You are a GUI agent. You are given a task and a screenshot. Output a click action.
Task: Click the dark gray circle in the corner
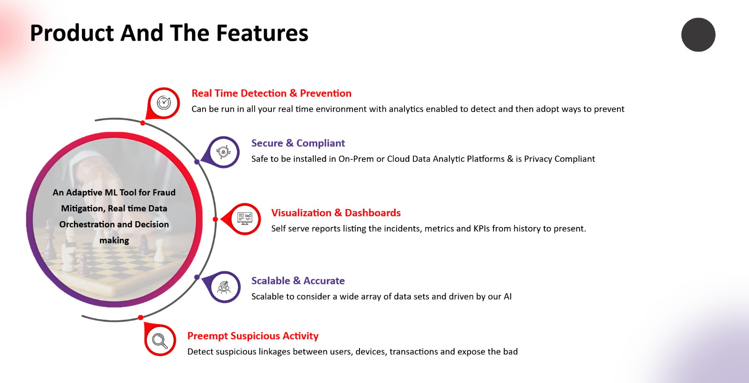[698, 35]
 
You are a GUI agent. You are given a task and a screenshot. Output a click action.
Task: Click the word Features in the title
[262, 33]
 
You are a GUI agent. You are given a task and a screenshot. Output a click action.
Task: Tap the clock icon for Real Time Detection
[164, 102]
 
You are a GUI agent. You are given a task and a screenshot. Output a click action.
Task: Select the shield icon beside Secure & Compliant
[223, 152]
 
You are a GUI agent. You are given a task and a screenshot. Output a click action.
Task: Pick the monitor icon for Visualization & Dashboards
[245, 219]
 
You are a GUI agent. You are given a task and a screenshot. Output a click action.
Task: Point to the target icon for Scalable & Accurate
[224, 287]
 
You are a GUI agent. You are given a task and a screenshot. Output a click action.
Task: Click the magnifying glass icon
[160, 341]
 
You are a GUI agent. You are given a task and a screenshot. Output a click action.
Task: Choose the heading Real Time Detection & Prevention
[272, 93]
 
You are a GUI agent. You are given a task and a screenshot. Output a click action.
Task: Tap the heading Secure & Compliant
[298, 143]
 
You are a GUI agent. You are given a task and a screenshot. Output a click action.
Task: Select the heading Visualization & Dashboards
[336, 213]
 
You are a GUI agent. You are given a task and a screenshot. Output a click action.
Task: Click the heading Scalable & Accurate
[298, 281]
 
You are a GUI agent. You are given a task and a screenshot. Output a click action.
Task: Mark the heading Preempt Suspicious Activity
[253, 336]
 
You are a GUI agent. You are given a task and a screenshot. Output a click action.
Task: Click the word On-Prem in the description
[356, 159]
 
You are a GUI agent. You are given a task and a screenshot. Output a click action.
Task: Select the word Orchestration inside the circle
[86, 224]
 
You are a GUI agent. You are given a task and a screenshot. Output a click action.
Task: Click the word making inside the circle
[114, 240]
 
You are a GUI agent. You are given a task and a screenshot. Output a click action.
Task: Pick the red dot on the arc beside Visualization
[215, 219]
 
